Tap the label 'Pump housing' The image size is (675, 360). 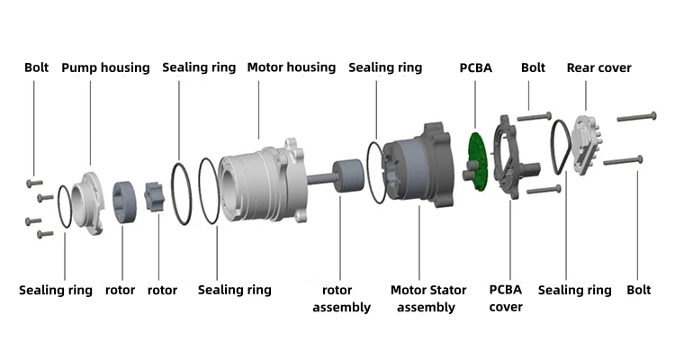[x=105, y=67]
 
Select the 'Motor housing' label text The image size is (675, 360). [x=291, y=67]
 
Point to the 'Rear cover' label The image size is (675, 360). [x=598, y=67]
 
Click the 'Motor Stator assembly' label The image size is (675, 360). [x=428, y=299]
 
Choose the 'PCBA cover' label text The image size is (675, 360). [x=506, y=299]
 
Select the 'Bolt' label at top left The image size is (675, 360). [x=37, y=67]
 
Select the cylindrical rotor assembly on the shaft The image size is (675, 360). [x=346, y=175]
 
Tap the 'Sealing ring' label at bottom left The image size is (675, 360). [x=56, y=291]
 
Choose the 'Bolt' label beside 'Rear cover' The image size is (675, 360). [x=533, y=67]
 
